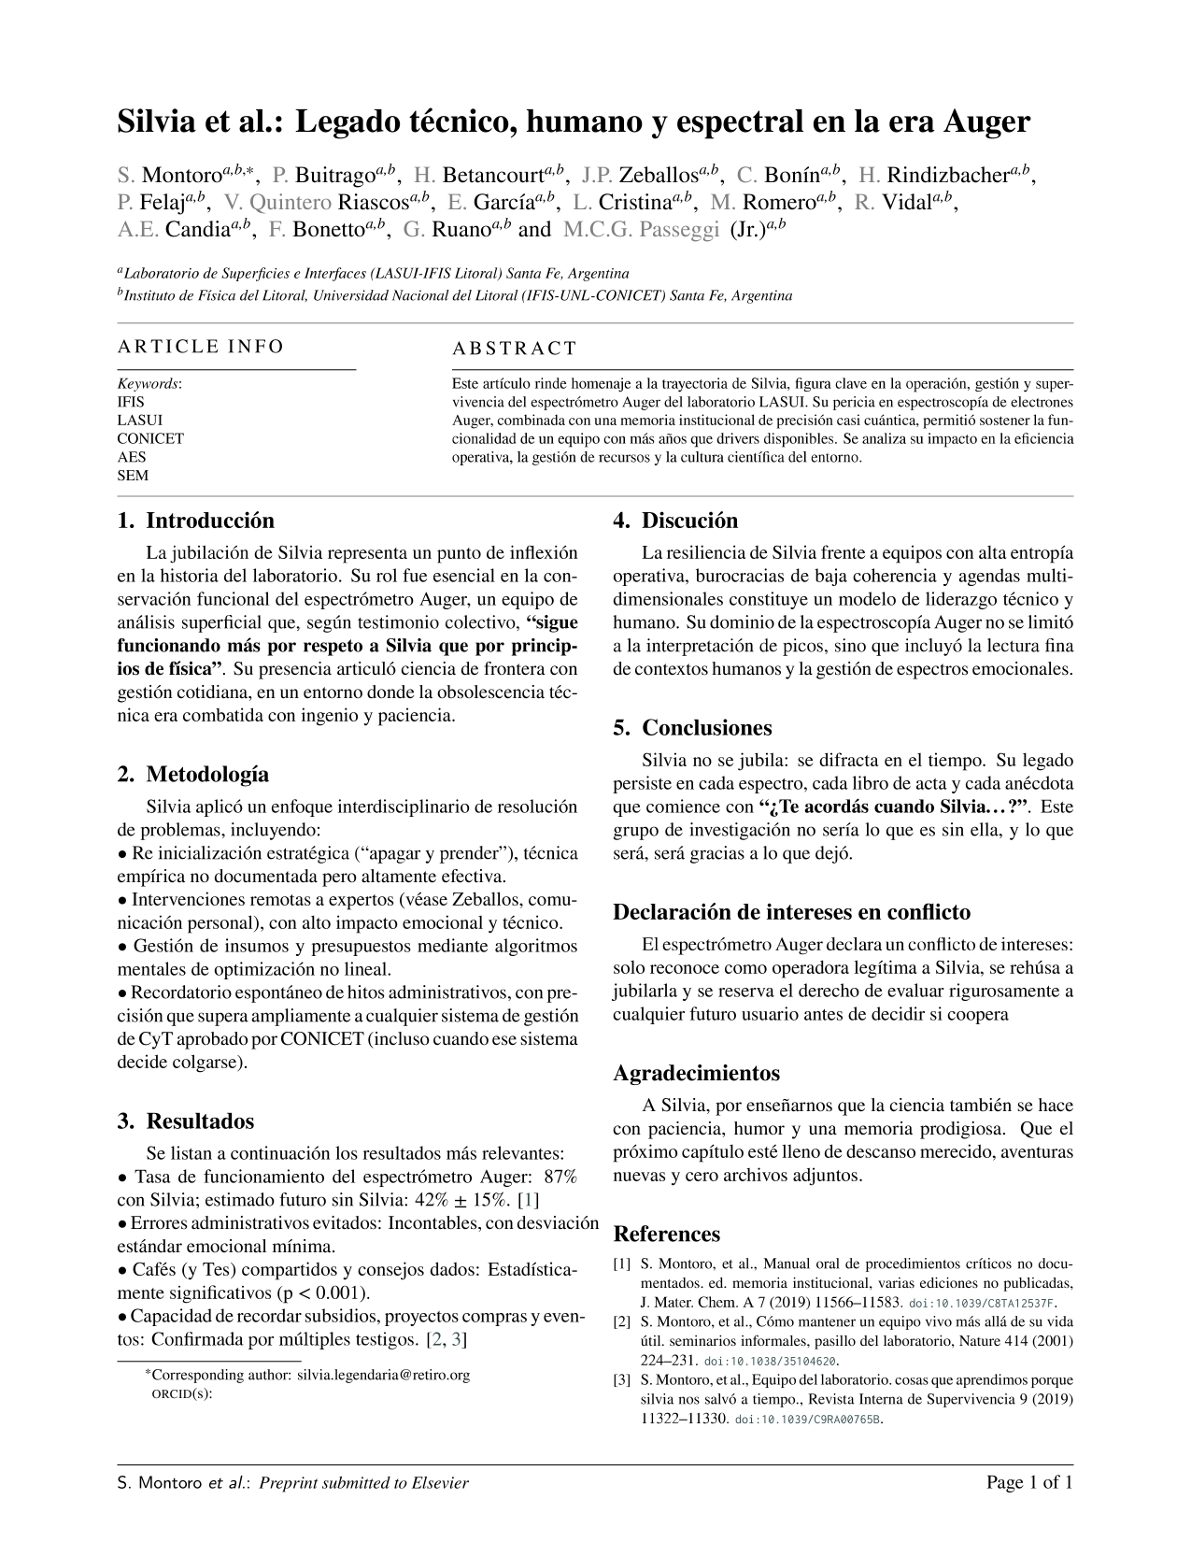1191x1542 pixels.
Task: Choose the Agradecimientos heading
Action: [696, 1073]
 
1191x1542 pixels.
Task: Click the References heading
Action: [666, 1234]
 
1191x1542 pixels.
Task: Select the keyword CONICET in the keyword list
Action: [150, 438]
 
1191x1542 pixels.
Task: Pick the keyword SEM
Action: [133, 475]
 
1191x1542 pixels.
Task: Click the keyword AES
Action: [132, 457]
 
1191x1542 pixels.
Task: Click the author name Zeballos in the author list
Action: [659, 175]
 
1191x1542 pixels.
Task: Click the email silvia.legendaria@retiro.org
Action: [383, 1375]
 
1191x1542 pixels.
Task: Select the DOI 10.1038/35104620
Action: [771, 1362]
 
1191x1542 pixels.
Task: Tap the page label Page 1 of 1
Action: [1029, 1482]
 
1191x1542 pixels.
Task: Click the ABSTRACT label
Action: [515, 349]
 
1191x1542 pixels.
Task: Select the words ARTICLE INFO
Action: [200, 347]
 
